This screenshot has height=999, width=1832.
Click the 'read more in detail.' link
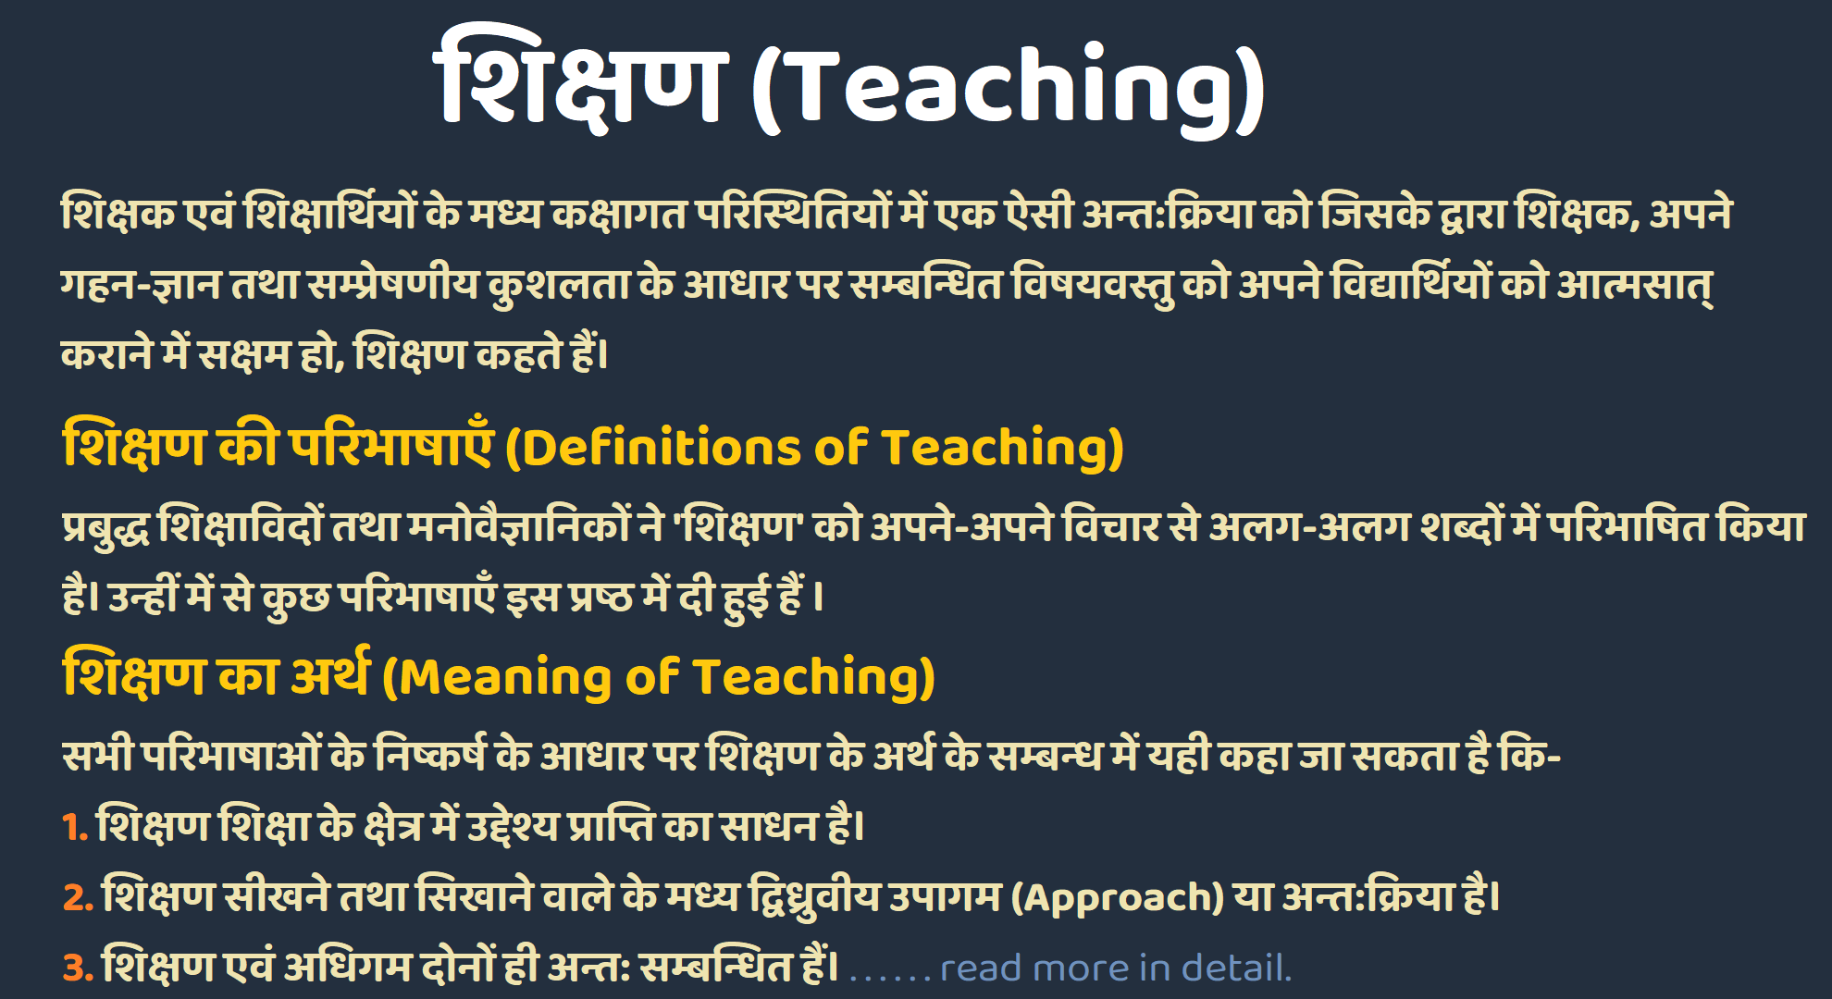pyautogui.click(x=1115, y=968)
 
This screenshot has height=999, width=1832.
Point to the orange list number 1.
pyautogui.click(x=73, y=826)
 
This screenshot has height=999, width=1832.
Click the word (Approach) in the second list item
pyautogui.click(x=1117, y=897)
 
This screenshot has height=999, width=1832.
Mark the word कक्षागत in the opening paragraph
pyautogui.click(x=619, y=213)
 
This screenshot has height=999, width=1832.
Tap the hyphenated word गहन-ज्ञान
pyautogui.click(x=140, y=284)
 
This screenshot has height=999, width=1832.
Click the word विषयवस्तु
pyautogui.click(x=1092, y=284)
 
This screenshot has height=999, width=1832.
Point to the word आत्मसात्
pyautogui.click(x=1634, y=284)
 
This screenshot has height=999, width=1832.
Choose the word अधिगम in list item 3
pyautogui.click(x=348, y=968)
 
